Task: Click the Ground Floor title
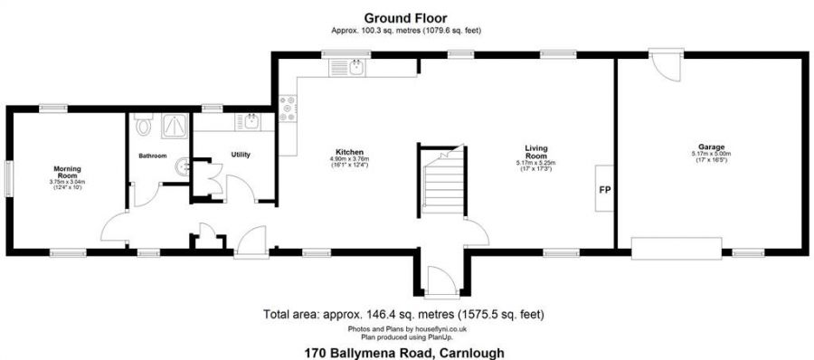[x=404, y=17]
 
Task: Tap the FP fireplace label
[x=603, y=191]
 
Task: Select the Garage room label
[x=710, y=146]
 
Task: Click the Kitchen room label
[x=350, y=151]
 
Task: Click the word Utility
[x=241, y=155]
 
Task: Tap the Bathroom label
[x=152, y=156]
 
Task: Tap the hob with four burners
[x=289, y=109]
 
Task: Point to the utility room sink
[x=249, y=121]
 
